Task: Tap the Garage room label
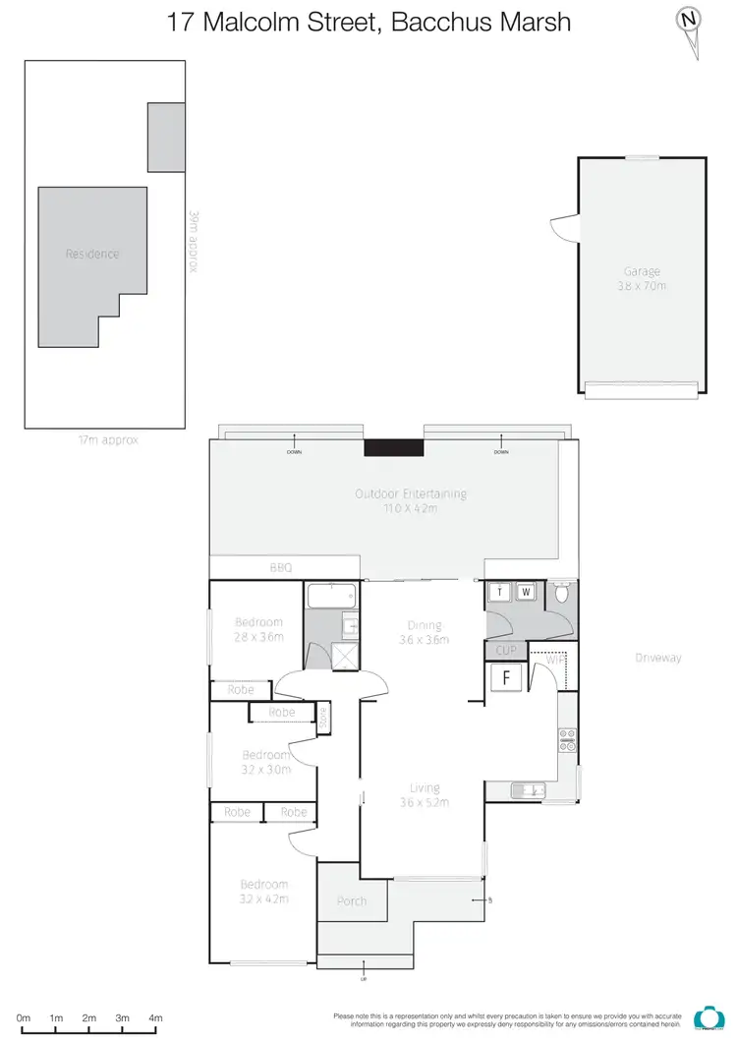pyautogui.click(x=642, y=271)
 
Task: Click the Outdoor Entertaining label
pyautogui.click(x=411, y=493)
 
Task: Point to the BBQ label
pyautogui.click(x=281, y=567)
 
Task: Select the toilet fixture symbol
pyautogui.click(x=561, y=593)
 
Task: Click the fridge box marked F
pyautogui.click(x=507, y=676)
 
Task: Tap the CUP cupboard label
pyautogui.click(x=506, y=651)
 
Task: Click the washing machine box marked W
pyautogui.click(x=526, y=592)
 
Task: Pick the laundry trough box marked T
pyautogui.click(x=500, y=592)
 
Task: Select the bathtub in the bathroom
pyautogui.click(x=332, y=597)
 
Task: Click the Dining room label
pyautogui.click(x=425, y=625)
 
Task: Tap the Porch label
pyautogui.click(x=351, y=900)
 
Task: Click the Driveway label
pyautogui.click(x=657, y=658)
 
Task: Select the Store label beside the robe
pyautogui.click(x=323, y=719)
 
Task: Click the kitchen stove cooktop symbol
pyautogui.click(x=567, y=739)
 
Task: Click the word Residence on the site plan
pyautogui.click(x=92, y=254)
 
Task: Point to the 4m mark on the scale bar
pyautogui.click(x=155, y=1018)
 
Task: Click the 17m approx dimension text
pyautogui.click(x=108, y=440)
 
